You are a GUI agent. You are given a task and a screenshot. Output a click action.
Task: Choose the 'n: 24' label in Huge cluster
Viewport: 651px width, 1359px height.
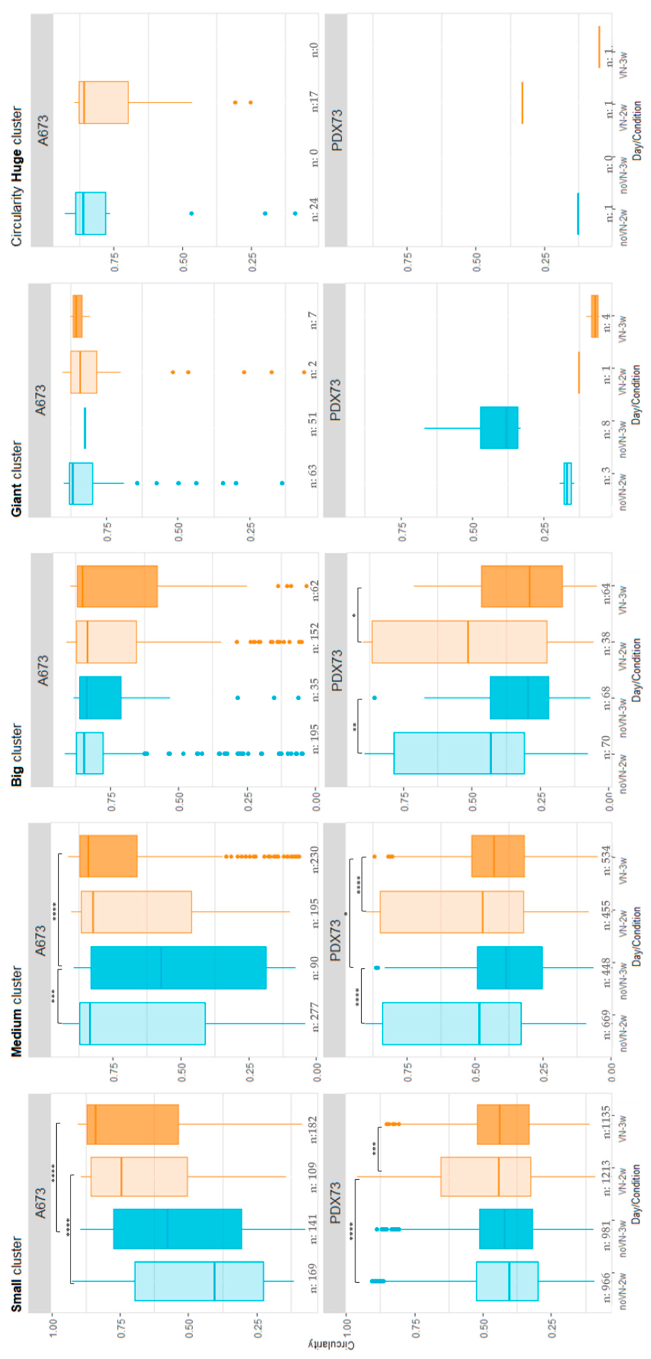[315, 209]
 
